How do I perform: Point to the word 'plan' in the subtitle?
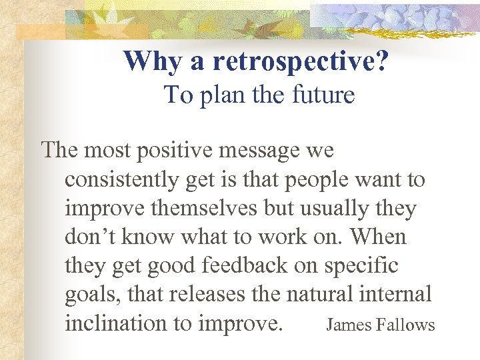pos(222,95)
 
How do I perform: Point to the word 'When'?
pos(378,237)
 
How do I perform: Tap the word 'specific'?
pos(361,266)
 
